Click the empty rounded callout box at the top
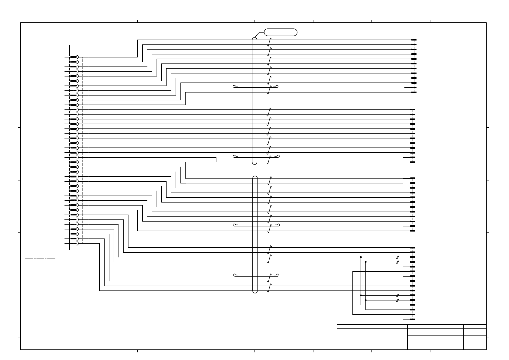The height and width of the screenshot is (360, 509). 280,32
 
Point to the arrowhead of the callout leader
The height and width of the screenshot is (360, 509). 256,37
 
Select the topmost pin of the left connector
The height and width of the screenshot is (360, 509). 73,57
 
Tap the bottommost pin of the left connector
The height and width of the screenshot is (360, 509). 73,243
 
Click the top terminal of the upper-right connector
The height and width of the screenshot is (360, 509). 414,40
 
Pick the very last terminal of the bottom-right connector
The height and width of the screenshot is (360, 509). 413,319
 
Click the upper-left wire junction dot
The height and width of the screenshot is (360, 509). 361,257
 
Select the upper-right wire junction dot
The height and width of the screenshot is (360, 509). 366,262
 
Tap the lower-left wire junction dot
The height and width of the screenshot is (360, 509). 361,295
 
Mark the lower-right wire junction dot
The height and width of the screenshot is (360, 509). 366,300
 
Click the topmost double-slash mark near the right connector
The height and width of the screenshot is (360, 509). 398,257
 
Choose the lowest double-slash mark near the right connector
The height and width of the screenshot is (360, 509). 398,300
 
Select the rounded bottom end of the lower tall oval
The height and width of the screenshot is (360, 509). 255,292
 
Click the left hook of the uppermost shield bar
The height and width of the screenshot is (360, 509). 235,86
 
